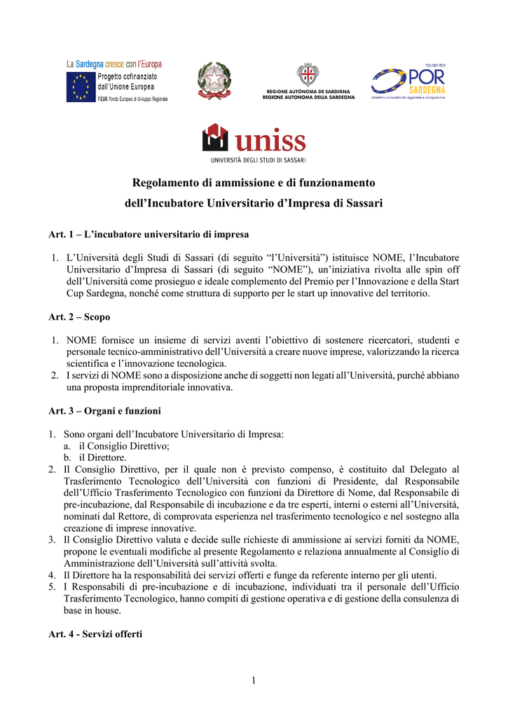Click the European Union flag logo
pyautogui.click(x=81, y=88)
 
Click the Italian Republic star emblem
pyautogui.click(x=213, y=81)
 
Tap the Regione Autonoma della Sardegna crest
pyautogui.click(x=308, y=75)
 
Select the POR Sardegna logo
pyautogui.click(x=409, y=82)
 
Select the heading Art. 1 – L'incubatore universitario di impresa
pyautogui.click(x=149, y=234)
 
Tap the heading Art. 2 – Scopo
pyautogui.click(x=79, y=317)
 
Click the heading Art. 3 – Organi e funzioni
pyautogui.click(x=104, y=411)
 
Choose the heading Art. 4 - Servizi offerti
pyautogui.click(x=95, y=634)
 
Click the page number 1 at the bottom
pyautogui.click(x=254, y=680)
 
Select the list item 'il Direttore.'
pyautogui.click(x=102, y=457)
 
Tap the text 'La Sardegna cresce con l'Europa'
pyautogui.click(x=115, y=64)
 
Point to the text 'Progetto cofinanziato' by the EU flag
pyautogui.click(x=127, y=76)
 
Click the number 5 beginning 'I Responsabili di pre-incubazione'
pyautogui.click(x=52, y=587)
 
